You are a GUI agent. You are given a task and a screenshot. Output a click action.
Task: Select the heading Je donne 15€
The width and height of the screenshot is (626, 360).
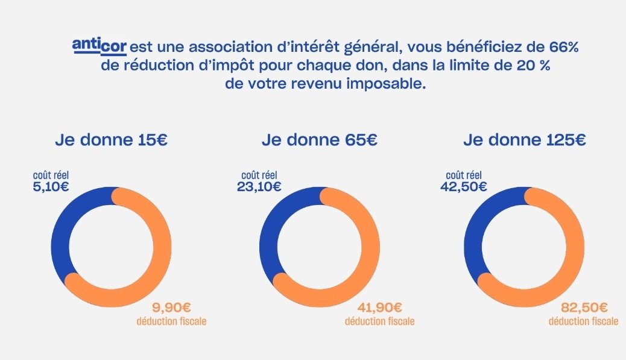(x=111, y=141)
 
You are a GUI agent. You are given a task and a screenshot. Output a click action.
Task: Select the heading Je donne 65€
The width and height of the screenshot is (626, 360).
(x=320, y=141)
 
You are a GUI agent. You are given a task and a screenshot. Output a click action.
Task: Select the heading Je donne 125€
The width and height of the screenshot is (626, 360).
(x=525, y=141)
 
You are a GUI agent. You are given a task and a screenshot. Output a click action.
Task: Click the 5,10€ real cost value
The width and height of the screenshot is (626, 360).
(x=51, y=186)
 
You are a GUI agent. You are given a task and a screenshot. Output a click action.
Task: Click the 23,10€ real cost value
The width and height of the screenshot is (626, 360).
(x=259, y=186)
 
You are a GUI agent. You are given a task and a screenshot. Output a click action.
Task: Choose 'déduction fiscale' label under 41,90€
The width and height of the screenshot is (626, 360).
(x=380, y=321)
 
